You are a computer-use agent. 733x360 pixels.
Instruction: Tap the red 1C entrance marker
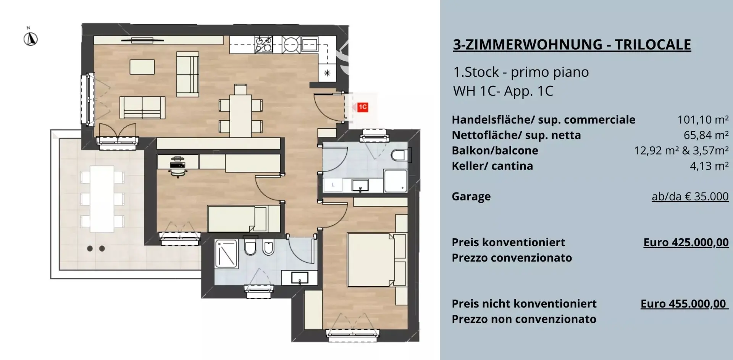click(x=362, y=107)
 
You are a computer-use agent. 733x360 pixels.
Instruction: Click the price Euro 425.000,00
click(x=686, y=242)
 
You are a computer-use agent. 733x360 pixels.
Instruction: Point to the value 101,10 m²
click(x=703, y=120)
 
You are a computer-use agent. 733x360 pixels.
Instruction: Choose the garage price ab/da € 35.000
click(x=690, y=197)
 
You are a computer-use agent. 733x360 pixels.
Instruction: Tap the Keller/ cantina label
click(x=492, y=166)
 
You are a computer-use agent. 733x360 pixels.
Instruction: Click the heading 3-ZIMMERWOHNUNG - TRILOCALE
click(x=572, y=45)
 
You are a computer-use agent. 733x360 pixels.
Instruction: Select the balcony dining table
click(x=102, y=199)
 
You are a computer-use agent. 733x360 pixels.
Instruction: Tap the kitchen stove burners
click(x=264, y=44)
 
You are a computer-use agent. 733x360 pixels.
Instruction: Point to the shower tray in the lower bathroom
click(x=226, y=253)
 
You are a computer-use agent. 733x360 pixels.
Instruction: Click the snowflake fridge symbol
click(x=327, y=73)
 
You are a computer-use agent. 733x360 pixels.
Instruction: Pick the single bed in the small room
click(x=237, y=218)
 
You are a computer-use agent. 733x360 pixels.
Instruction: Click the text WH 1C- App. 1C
click(x=503, y=91)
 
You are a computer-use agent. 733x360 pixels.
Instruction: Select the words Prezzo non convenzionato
click(x=524, y=319)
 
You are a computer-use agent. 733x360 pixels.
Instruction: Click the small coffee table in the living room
click(x=142, y=67)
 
